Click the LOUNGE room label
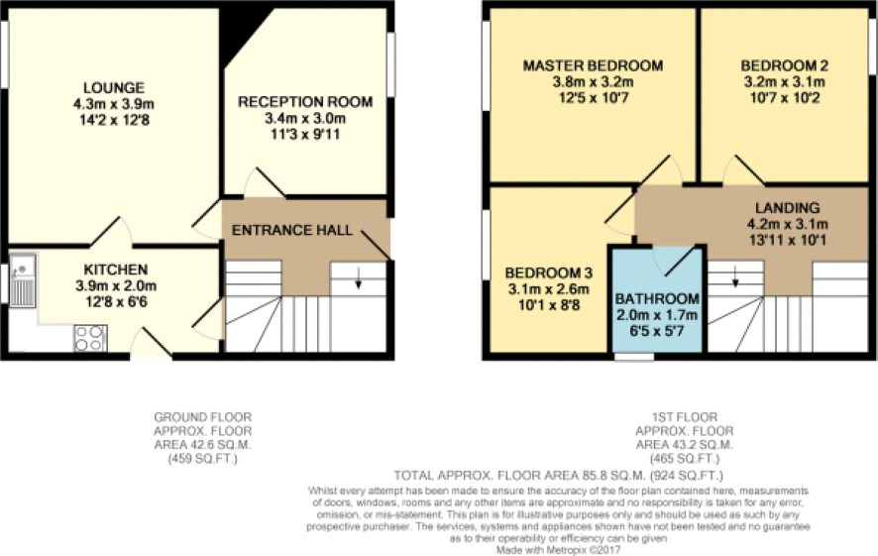point(114,88)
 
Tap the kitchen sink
point(23,279)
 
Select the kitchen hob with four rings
point(90,338)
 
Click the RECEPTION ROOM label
point(305,102)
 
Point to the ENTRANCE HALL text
point(291,230)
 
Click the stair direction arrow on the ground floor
point(358,278)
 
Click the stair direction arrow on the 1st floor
point(735,277)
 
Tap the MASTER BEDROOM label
point(593,65)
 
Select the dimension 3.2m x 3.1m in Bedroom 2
point(784,81)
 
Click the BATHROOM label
point(657,298)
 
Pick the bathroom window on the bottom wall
point(634,357)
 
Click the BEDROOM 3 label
point(548,274)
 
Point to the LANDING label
point(787,208)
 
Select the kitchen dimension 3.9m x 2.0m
point(116,286)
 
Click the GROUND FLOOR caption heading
point(203,417)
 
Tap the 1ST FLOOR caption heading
point(684,417)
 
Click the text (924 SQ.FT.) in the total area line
point(686,476)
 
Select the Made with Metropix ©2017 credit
point(558,550)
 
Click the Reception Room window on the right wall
point(391,63)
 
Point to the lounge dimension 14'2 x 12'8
point(114,120)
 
